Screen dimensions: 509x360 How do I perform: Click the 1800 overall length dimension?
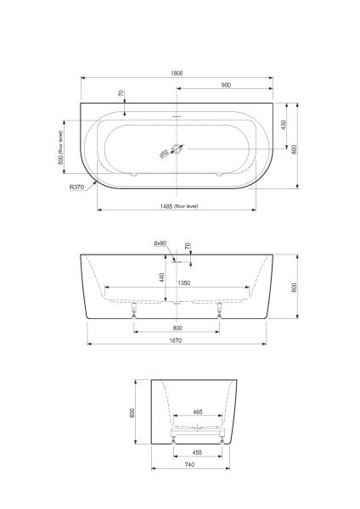tap(177, 74)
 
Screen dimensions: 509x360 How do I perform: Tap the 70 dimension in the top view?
tap(121, 93)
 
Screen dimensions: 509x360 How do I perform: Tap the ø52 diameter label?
tap(164, 154)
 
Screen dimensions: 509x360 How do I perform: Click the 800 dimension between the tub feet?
tap(177, 327)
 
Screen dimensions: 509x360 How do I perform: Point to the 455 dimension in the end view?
tap(198, 452)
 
